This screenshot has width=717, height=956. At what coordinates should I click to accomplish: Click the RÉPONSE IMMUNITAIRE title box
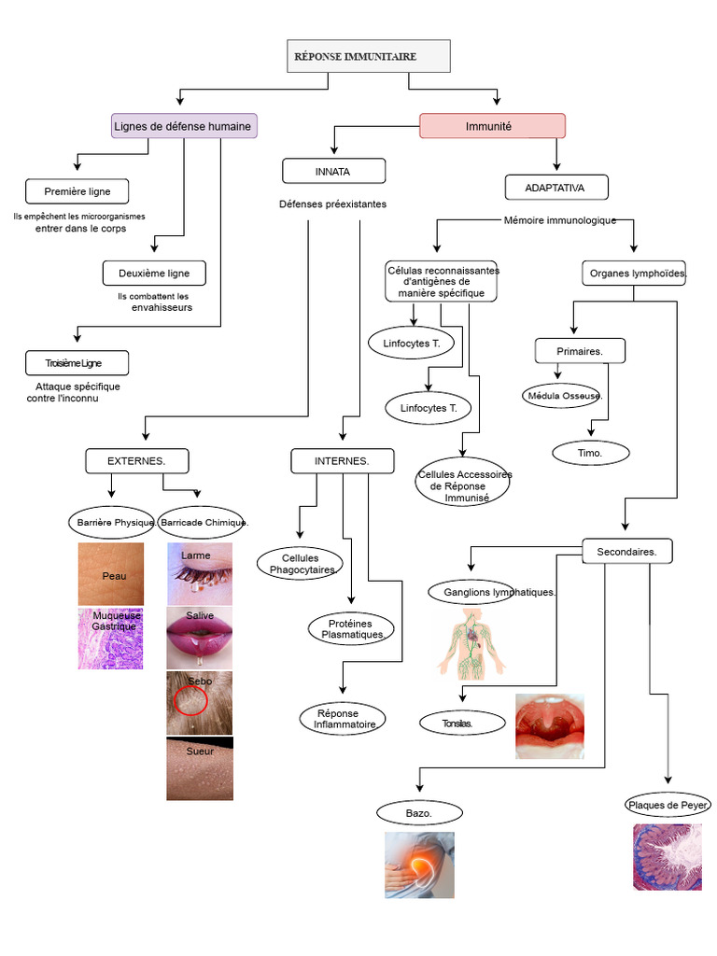tap(369, 56)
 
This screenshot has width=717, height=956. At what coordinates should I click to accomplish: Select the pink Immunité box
tap(493, 126)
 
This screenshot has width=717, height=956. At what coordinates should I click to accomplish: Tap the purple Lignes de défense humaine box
tap(184, 126)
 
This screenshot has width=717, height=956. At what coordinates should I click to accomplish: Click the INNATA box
tap(333, 172)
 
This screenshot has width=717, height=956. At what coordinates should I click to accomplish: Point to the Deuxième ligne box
tap(154, 274)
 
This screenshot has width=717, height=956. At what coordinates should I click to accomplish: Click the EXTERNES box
tap(137, 461)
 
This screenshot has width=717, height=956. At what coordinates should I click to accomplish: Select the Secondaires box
tap(627, 551)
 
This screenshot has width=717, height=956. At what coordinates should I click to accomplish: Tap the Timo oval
tap(591, 453)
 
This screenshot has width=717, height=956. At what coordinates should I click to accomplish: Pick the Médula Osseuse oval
tap(561, 396)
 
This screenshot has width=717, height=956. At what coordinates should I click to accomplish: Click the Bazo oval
tap(419, 813)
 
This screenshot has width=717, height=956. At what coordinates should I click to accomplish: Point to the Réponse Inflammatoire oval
tap(343, 719)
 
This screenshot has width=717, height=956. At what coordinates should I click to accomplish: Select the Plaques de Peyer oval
tap(668, 805)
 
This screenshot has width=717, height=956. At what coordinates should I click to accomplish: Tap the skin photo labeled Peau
tap(111, 574)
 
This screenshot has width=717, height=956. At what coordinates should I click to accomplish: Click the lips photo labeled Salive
tap(200, 638)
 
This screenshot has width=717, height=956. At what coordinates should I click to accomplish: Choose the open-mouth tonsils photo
tap(550, 726)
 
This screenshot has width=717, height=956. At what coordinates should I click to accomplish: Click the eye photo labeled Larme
tap(200, 574)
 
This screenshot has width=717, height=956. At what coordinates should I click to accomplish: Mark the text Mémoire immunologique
tap(560, 220)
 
